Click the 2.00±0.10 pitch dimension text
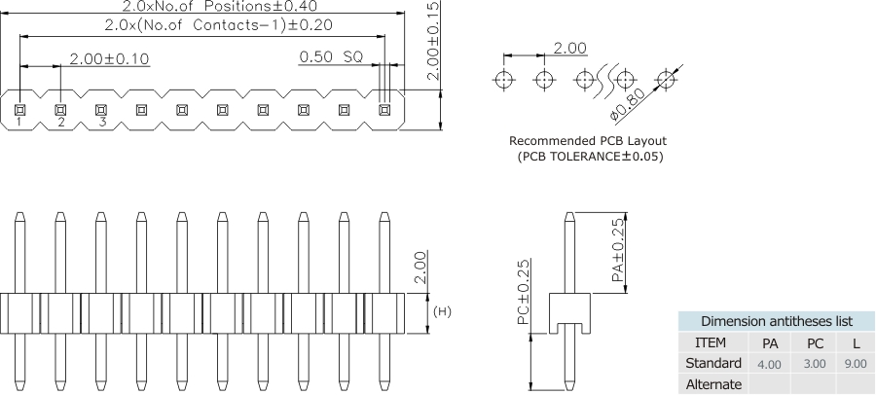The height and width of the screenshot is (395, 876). coord(109,58)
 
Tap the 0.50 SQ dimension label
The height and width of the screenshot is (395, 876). coord(331,57)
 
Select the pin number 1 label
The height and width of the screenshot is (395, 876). coord(18,122)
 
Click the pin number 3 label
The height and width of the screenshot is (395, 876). coord(101,122)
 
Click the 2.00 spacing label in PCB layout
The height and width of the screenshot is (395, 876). coord(569,48)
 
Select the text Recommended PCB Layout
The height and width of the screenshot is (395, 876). coord(592,140)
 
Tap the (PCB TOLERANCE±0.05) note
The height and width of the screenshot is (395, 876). coord(592,156)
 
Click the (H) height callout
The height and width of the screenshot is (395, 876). coord(441,312)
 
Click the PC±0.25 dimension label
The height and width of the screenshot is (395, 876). coord(523,293)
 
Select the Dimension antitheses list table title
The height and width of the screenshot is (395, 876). coord(777,321)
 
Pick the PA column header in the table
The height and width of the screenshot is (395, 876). coord(769,342)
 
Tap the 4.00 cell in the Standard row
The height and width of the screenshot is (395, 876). coord(769,363)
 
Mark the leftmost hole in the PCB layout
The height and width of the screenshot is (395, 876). coord(504,78)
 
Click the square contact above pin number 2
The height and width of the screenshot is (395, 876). coord(59,109)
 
